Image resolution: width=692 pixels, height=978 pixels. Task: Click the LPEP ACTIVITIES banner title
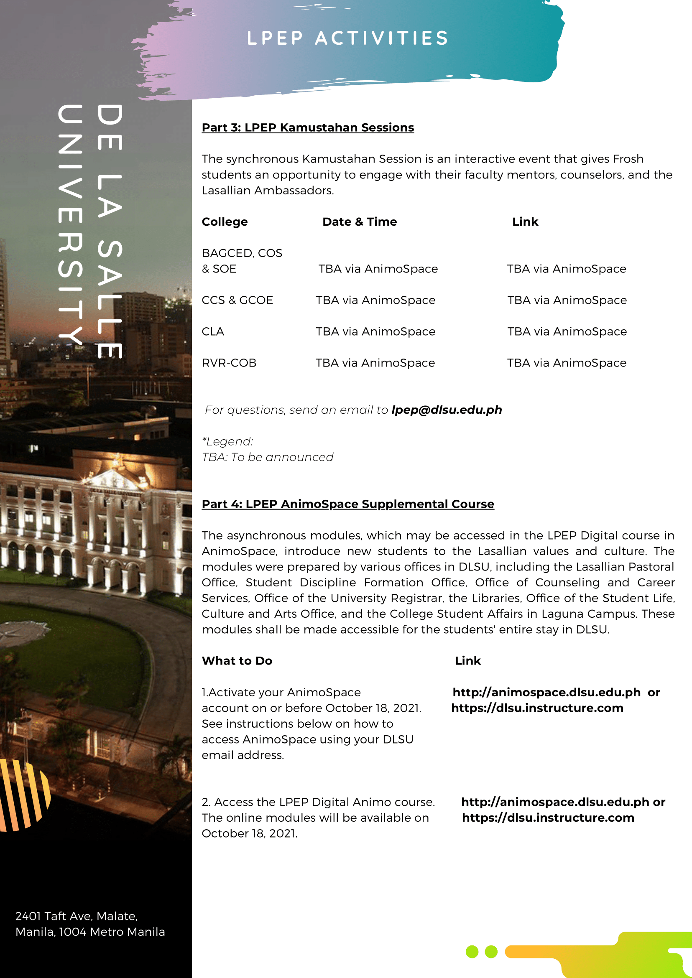(348, 38)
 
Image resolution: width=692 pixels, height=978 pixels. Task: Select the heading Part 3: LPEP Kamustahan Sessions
(308, 127)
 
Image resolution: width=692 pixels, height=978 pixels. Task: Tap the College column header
(225, 222)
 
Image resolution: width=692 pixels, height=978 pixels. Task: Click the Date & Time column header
(359, 222)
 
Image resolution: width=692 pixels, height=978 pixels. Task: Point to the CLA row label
(213, 331)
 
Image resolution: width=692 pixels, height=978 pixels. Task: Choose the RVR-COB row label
(229, 363)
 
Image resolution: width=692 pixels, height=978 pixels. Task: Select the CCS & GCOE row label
(237, 301)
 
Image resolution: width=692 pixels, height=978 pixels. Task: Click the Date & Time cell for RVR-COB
(375, 363)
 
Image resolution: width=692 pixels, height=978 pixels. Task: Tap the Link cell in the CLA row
(567, 331)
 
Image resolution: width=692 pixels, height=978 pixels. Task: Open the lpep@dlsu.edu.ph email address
(447, 410)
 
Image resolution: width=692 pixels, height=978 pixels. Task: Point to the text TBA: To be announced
(267, 457)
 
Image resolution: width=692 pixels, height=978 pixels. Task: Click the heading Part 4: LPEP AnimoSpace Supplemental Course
(348, 504)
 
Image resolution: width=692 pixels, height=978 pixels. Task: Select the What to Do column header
(237, 661)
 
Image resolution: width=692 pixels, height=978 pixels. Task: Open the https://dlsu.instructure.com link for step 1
(537, 708)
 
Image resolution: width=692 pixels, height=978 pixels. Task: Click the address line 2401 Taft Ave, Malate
(77, 916)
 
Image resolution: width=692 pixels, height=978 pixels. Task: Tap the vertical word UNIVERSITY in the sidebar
(70, 224)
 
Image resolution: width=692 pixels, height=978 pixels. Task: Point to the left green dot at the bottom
(472, 952)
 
